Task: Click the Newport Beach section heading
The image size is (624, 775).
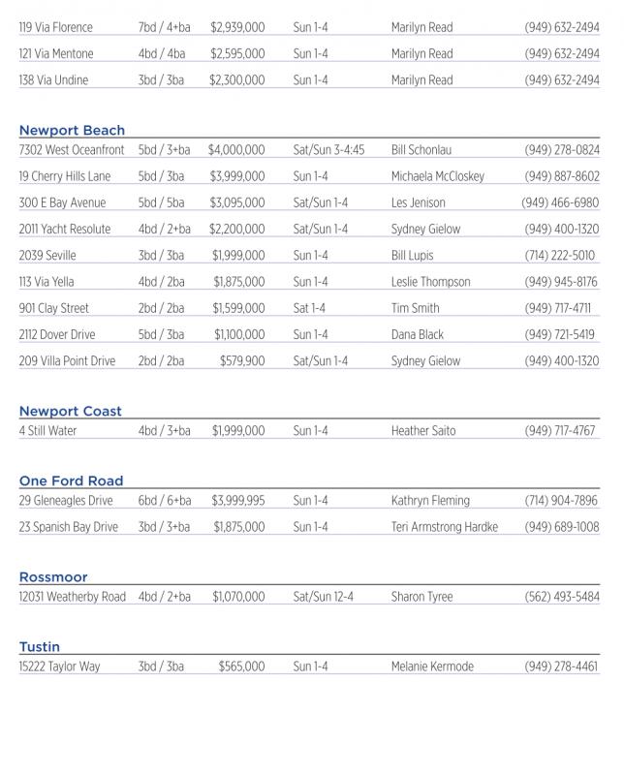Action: [x=72, y=131]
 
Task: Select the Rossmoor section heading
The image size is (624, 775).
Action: [x=53, y=577]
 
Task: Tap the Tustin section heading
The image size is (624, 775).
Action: [x=40, y=647]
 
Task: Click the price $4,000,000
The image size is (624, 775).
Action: [x=235, y=151]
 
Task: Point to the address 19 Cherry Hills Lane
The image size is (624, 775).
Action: [x=65, y=177]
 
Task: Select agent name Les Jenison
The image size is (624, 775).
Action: [x=419, y=203]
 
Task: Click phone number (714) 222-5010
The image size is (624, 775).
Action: [x=560, y=256]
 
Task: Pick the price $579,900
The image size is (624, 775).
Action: [x=241, y=361]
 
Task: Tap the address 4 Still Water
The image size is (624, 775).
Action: [x=47, y=431]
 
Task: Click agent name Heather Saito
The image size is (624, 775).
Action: [x=424, y=431]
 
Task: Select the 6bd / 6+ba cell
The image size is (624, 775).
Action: [x=165, y=501]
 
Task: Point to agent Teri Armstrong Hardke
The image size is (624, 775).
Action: [x=445, y=527]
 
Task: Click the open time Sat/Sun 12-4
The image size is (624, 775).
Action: [x=323, y=597]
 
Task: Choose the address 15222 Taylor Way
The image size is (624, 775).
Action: [x=59, y=666]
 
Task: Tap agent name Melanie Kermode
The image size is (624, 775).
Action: [x=432, y=666]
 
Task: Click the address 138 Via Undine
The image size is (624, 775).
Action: [x=53, y=80]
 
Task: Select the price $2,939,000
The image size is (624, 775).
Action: [x=236, y=28]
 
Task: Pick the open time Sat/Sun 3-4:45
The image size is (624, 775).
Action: [x=328, y=151]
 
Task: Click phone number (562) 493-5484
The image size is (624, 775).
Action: [x=562, y=597]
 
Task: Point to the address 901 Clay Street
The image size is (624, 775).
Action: [x=54, y=308]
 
